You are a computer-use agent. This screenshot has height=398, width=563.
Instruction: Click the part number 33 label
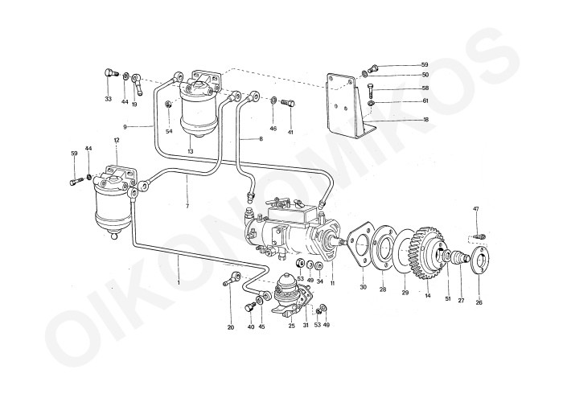click(x=108, y=100)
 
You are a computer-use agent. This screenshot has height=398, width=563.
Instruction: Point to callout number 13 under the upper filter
click(x=191, y=151)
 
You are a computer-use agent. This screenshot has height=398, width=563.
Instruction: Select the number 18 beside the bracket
click(x=425, y=119)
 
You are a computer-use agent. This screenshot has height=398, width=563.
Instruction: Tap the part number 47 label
click(x=476, y=209)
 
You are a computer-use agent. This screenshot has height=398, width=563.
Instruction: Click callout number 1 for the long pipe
click(x=179, y=283)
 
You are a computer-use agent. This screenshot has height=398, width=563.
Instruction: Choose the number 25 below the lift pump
click(x=292, y=326)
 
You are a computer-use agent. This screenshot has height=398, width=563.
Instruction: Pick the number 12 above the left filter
click(x=117, y=141)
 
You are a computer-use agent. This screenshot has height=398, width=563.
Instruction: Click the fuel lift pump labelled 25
click(x=288, y=294)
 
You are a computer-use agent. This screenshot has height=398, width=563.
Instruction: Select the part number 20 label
click(x=230, y=327)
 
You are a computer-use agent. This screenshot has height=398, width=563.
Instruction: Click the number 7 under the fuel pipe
click(x=187, y=207)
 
